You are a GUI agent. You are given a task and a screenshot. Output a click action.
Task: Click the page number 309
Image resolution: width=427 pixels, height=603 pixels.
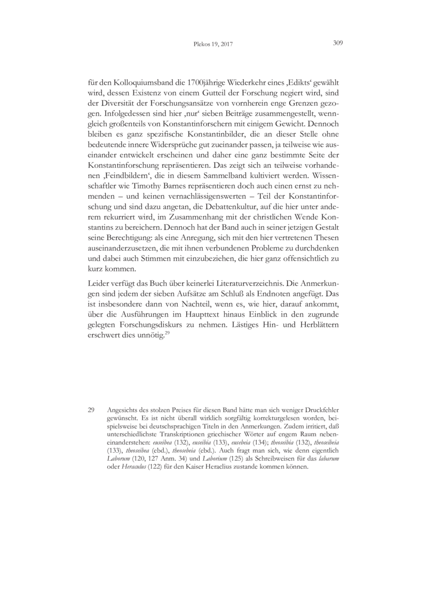336,44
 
